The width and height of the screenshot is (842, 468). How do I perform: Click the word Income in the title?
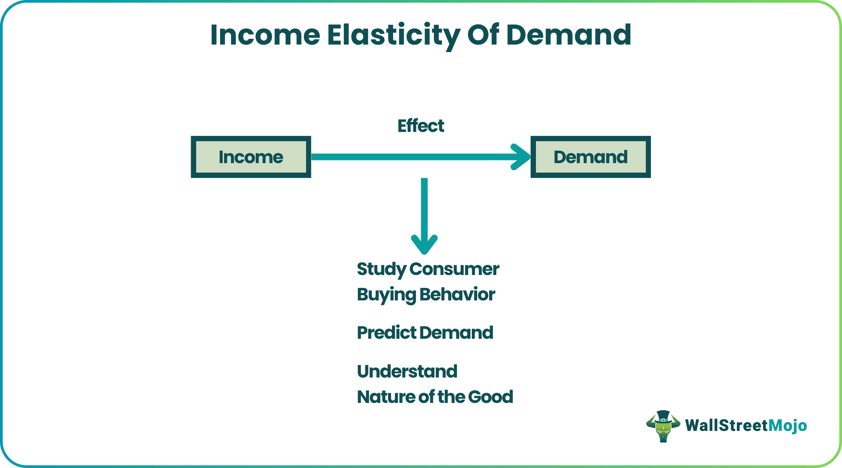(x=265, y=35)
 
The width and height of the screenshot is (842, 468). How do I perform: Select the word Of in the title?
(x=483, y=35)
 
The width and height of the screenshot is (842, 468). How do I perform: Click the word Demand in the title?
(x=569, y=35)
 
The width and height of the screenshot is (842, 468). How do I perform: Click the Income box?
(x=251, y=157)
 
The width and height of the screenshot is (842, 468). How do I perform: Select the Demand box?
(x=590, y=157)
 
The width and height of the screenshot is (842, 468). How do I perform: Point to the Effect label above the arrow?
(x=421, y=126)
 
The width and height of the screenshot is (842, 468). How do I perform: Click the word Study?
(x=381, y=269)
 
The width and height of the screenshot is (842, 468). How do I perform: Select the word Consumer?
(x=454, y=269)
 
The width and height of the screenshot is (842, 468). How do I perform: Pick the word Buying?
(x=386, y=295)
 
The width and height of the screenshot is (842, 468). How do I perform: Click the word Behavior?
(x=457, y=295)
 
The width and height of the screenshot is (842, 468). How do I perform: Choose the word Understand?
(x=407, y=371)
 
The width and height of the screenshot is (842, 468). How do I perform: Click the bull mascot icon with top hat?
(x=663, y=426)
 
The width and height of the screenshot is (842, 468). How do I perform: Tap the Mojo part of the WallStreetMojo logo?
(x=788, y=426)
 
